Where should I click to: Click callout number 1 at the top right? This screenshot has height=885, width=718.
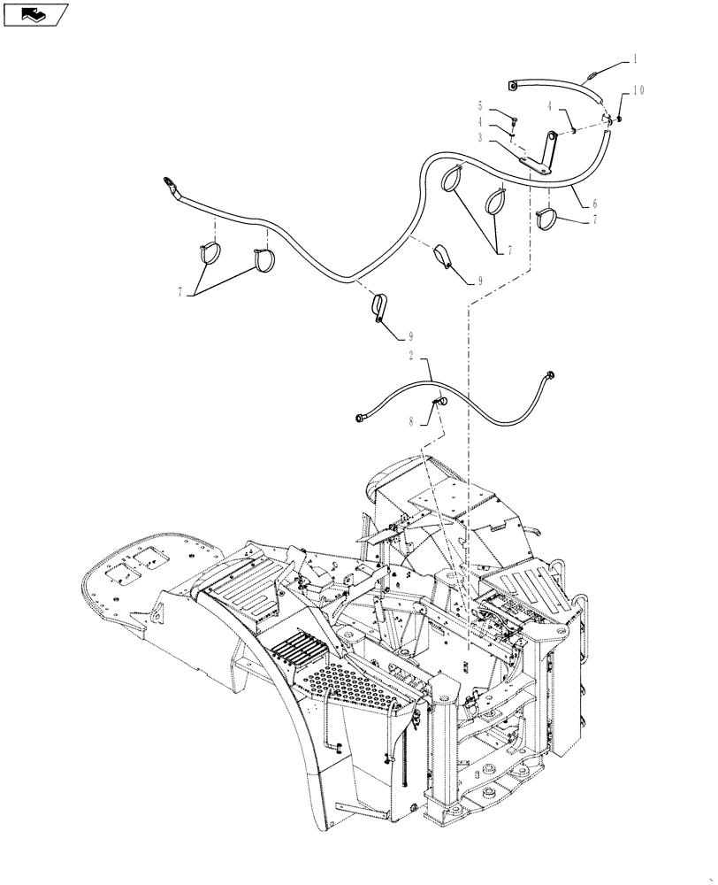click(x=635, y=59)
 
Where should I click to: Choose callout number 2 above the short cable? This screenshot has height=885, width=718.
click(x=412, y=357)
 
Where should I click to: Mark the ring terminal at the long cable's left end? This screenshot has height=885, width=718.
click(x=165, y=184)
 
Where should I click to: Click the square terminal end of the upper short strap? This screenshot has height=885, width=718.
click(x=513, y=86)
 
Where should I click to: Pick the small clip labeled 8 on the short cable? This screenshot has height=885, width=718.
click(x=438, y=404)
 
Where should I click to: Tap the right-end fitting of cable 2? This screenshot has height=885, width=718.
click(x=551, y=375)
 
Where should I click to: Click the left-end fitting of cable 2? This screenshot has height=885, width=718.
click(x=359, y=416)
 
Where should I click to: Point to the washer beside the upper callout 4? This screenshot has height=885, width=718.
click(x=573, y=130)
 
